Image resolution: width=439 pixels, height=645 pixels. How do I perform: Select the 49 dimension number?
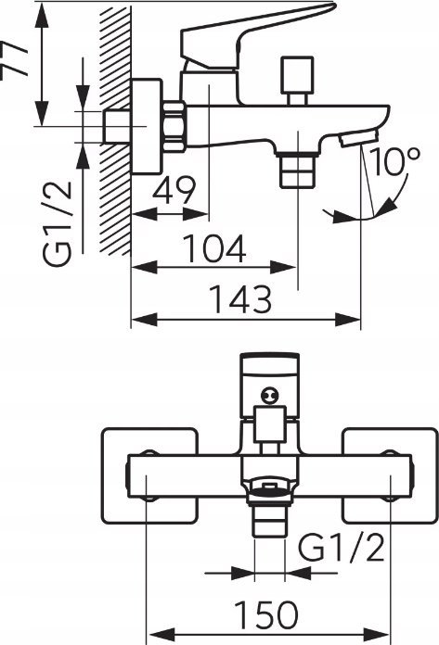174,190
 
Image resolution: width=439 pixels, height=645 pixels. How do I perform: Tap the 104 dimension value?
214,248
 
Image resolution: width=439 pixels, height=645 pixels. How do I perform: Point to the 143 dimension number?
241,298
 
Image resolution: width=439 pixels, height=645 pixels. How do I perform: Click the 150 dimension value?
266,614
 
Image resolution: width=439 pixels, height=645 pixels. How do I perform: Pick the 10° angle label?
394,161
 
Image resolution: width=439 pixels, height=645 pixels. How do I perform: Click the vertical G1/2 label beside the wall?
58,223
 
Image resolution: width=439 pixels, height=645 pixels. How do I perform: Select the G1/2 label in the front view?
342,548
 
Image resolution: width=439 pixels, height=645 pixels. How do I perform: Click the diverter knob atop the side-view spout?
297,80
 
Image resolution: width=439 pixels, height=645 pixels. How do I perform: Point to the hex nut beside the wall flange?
174,127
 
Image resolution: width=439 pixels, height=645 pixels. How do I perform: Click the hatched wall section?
115,130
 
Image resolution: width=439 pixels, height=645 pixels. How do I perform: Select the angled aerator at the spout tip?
357,138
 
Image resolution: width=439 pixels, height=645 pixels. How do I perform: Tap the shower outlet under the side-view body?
298,170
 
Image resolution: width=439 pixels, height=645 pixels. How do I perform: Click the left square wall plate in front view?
150,476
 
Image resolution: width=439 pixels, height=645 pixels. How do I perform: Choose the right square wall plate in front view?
391,476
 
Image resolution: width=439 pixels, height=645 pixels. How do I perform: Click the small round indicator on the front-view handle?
270,396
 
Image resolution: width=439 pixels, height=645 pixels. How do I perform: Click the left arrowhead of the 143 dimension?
144,320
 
